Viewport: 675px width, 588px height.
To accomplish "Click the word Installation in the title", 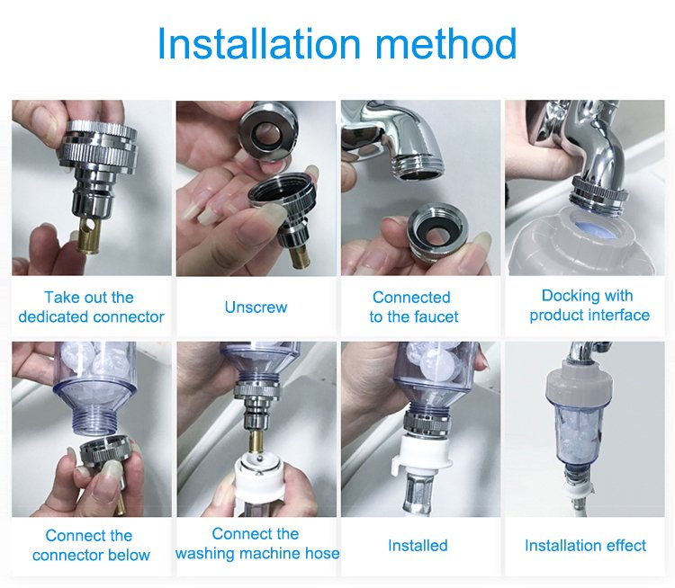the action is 259,43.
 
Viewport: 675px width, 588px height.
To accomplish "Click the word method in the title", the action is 446,43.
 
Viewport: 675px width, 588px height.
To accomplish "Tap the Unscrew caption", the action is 256,307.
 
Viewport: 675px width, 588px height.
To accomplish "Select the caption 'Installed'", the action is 418,546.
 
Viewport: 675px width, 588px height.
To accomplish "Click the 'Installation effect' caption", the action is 586,546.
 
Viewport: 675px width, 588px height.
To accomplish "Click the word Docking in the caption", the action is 566,296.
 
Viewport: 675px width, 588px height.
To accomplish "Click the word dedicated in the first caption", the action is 53,317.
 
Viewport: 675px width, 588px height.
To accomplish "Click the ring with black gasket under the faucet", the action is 437,231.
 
